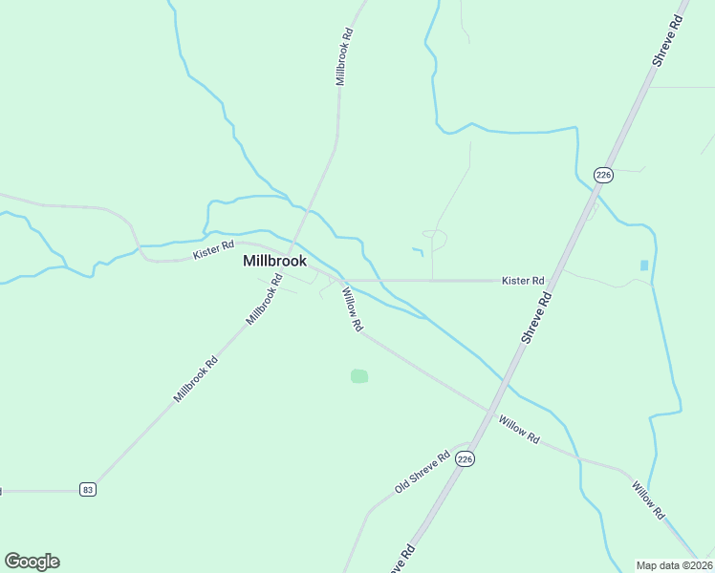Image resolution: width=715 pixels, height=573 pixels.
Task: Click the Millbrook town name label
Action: (x=274, y=261)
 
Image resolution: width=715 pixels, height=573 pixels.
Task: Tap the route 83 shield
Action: (x=88, y=489)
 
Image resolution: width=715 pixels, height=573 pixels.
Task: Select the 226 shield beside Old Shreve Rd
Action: (x=465, y=459)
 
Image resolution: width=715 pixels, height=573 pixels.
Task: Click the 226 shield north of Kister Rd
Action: (x=603, y=175)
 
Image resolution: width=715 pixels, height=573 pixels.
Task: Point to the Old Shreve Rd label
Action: (x=422, y=474)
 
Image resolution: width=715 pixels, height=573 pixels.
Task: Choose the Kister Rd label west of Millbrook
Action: (x=213, y=250)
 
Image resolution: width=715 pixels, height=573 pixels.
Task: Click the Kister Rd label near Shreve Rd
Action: (x=523, y=281)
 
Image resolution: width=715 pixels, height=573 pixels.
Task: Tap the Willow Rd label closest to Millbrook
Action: (x=351, y=311)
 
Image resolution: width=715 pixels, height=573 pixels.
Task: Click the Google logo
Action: (x=32, y=562)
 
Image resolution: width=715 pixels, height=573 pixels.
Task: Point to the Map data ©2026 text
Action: (x=675, y=565)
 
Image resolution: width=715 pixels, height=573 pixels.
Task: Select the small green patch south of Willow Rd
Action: (x=359, y=376)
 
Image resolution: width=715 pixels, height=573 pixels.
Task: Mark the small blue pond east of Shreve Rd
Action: (x=643, y=265)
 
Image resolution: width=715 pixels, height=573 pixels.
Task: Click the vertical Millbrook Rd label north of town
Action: (x=344, y=57)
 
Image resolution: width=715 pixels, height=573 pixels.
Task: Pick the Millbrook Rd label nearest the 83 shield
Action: (x=196, y=379)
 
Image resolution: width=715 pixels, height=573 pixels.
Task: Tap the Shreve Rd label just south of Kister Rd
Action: (x=537, y=318)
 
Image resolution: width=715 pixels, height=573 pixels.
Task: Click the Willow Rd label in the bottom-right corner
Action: (x=648, y=499)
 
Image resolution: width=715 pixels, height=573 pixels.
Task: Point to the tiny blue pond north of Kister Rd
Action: (x=418, y=252)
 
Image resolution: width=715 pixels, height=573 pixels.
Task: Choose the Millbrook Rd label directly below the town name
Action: (x=265, y=299)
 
